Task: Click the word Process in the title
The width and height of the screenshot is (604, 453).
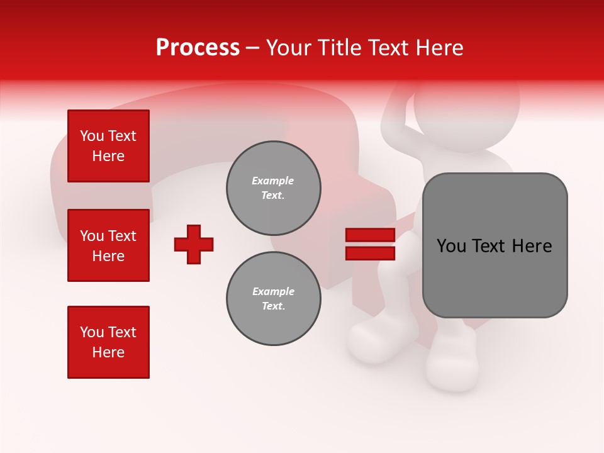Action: pos(198,48)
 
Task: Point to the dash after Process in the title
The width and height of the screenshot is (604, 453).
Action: pos(252,48)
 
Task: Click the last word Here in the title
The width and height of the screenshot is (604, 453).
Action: pos(439,48)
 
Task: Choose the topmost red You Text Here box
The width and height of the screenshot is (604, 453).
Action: pos(108,146)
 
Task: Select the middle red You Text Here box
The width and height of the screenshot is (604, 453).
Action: pos(108,245)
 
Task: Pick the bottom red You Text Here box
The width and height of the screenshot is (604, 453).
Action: pos(108,342)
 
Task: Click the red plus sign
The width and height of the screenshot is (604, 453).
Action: pos(194,244)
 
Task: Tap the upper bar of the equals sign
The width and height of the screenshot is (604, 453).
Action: pos(371,235)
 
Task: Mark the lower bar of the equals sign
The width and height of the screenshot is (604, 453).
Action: pos(371,254)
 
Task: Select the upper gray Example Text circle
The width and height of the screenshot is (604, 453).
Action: pos(273,188)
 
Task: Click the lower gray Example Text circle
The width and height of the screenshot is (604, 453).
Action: pos(273,299)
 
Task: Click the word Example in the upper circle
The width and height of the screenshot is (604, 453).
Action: pos(273,181)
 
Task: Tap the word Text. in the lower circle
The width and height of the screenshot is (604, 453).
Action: pos(273,306)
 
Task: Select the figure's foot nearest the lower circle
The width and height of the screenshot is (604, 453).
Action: pos(377,340)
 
